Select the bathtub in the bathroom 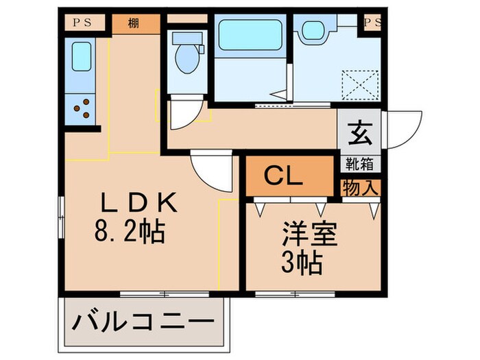click(250, 34)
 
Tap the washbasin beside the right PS click(314, 29)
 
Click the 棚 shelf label click(133, 23)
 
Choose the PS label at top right click(372, 23)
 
